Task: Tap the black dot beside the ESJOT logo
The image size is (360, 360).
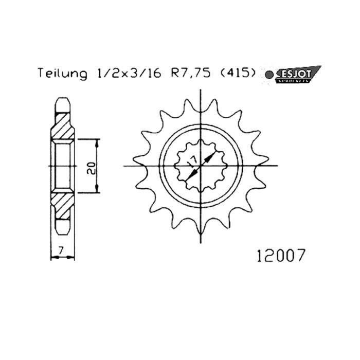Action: (x=269, y=75)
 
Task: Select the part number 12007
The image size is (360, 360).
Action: (x=280, y=255)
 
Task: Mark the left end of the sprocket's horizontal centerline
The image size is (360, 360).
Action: (x=125, y=166)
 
